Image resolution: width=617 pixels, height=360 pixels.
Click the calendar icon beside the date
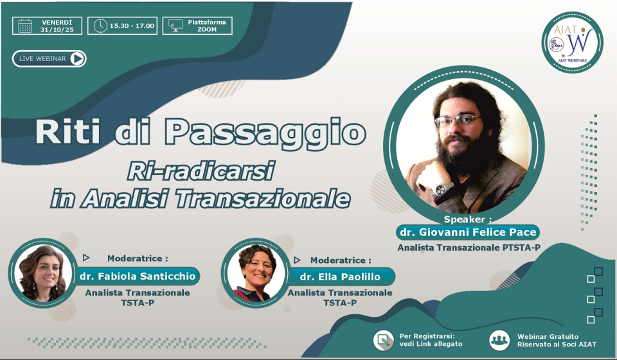click(25, 26)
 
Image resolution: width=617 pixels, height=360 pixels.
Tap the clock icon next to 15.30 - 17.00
click(100, 26)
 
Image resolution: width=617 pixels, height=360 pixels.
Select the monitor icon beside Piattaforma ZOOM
click(175, 26)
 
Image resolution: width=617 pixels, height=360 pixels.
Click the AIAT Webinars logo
click(573, 42)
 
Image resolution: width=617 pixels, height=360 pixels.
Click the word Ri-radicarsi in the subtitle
click(201, 172)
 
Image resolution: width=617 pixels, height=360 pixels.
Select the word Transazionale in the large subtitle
click(262, 198)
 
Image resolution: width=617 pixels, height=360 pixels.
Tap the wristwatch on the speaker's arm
click(442, 190)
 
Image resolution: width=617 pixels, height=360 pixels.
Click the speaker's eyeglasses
click(458, 120)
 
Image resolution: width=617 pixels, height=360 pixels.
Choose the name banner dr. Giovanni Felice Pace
click(468, 232)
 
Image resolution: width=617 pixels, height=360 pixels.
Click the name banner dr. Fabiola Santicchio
click(138, 276)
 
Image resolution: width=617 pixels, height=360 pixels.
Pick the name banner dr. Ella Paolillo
click(340, 276)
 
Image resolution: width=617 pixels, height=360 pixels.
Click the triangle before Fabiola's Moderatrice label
click(85, 258)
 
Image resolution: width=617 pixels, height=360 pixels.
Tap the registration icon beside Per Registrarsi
click(383, 340)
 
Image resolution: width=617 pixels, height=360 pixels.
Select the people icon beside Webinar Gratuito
click(499, 340)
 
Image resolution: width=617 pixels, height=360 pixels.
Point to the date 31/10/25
click(57, 30)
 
